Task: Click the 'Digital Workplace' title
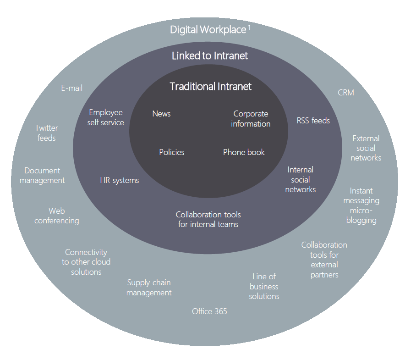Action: (x=208, y=30)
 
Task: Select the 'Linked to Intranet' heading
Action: (x=210, y=56)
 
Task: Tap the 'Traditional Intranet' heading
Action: (x=211, y=86)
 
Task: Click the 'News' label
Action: (x=161, y=114)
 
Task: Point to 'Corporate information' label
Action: (x=251, y=119)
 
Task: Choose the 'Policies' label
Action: (x=172, y=152)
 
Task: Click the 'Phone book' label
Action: (x=244, y=152)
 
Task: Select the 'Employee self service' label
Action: (x=106, y=117)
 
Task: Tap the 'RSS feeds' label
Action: (x=313, y=121)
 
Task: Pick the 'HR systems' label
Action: (x=119, y=180)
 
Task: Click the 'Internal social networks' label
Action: (x=301, y=179)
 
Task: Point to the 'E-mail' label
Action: (x=72, y=88)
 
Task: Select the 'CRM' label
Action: (x=346, y=93)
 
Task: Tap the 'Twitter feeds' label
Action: (x=47, y=133)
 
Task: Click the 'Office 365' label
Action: (x=209, y=311)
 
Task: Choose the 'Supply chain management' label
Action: (x=149, y=288)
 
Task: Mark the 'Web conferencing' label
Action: (x=57, y=216)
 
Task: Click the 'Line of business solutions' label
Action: (x=264, y=286)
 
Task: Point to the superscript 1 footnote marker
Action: (x=249, y=27)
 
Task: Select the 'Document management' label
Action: (x=42, y=176)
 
